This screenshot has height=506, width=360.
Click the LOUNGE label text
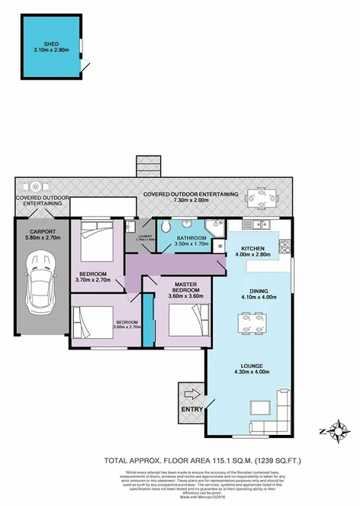(253, 367)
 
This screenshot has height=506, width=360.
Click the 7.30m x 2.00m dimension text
(191, 201)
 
